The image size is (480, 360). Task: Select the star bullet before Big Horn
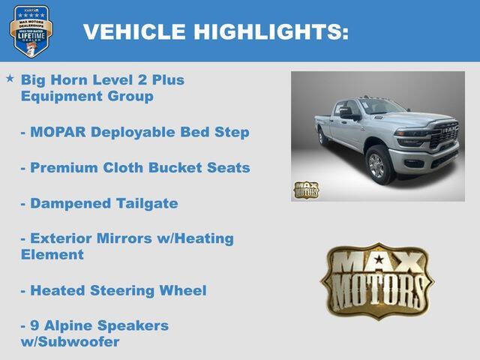pos(10,78)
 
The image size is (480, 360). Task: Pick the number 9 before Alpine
pos(34,325)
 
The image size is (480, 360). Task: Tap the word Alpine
pos(67,325)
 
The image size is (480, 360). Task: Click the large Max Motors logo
pos(377,280)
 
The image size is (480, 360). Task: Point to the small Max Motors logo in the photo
pos(305,190)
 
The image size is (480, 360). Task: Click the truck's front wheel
pos(379,165)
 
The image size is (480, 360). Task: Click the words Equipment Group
pos(87,96)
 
